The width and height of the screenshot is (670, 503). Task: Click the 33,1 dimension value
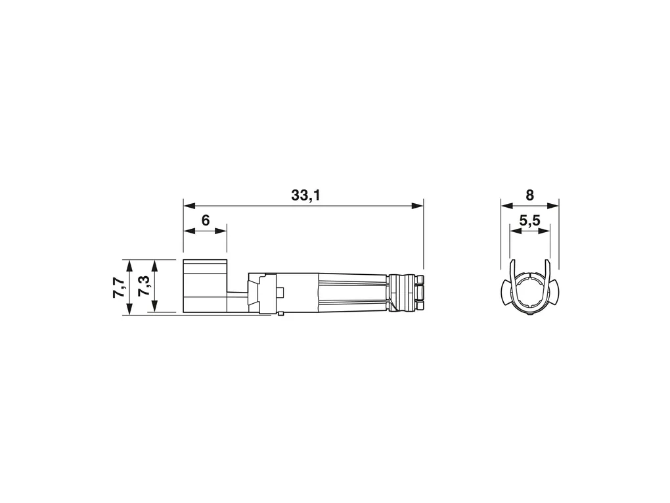305,195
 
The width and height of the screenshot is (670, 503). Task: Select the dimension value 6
206,220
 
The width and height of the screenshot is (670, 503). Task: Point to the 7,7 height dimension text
119,287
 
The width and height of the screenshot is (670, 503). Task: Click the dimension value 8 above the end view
530,195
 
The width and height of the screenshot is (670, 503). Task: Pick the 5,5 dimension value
530,220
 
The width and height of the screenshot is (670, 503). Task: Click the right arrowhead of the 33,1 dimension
417,206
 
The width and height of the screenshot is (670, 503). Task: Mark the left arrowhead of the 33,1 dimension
189,206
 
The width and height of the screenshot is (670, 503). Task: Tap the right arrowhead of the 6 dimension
221,231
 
